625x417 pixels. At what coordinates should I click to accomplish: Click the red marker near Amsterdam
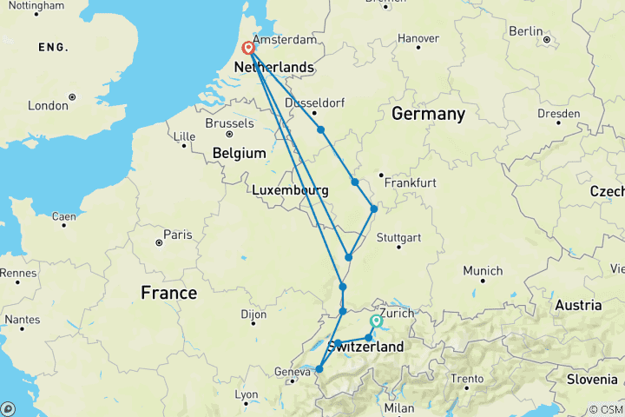click(x=248, y=49)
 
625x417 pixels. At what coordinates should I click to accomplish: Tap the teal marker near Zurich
click(x=376, y=321)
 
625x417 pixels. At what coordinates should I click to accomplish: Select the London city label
click(x=48, y=105)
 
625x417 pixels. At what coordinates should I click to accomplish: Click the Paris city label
click(x=178, y=234)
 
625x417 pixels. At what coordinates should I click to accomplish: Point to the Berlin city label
click(x=525, y=30)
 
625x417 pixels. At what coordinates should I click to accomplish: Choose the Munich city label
click(x=482, y=271)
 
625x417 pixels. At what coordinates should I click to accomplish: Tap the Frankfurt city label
click(x=413, y=182)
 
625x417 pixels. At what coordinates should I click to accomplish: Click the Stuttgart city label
click(x=399, y=237)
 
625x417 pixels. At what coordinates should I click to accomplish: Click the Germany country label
click(x=428, y=114)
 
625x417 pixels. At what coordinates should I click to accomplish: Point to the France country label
click(x=168, y=293)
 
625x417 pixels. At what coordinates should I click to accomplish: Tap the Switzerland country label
click(x=365, y=347)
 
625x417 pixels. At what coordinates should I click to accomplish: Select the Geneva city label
click(x=292, y=372)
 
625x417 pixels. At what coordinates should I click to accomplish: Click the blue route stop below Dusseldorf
click(x=321, y=129)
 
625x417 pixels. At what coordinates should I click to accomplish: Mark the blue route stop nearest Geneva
click(x=319, y=369)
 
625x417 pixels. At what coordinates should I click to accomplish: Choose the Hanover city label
click(x=418, y=38)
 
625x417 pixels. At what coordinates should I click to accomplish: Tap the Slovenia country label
click(x=590, y=379)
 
